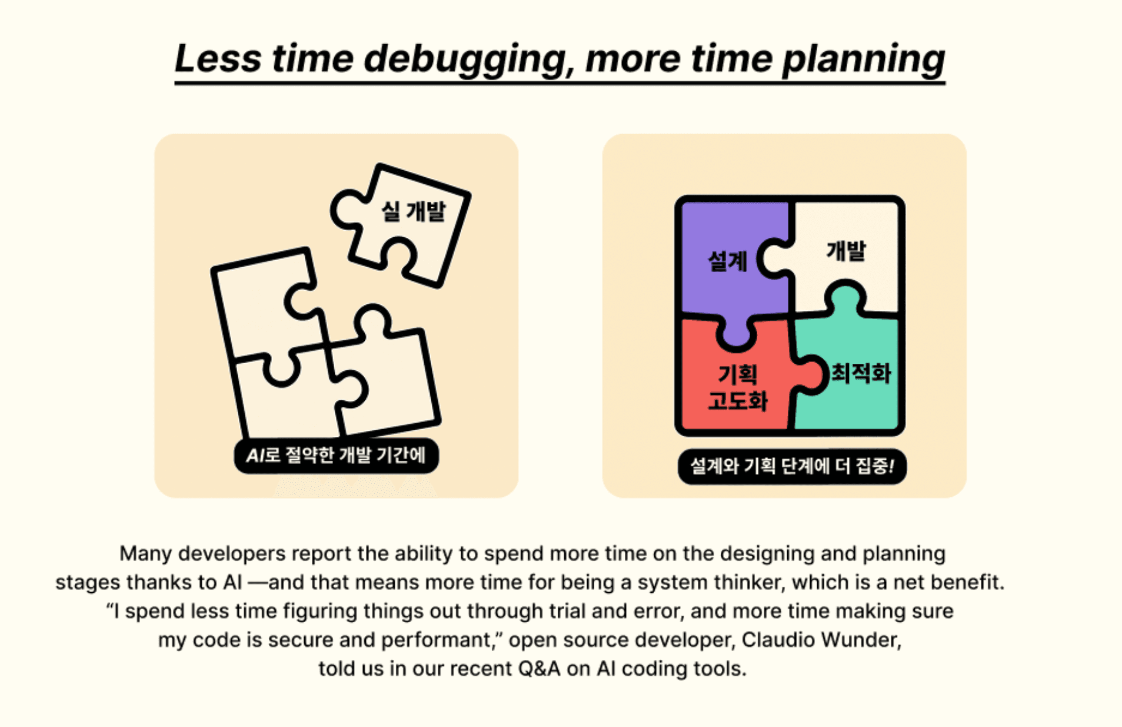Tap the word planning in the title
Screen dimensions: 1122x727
(863, 60)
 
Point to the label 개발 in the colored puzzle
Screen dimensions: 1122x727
(846, 251)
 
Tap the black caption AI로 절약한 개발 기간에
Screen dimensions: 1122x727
(336, 456)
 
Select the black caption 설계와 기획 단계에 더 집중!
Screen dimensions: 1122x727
(792, 467)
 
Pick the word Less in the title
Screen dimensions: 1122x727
(218, 59)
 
